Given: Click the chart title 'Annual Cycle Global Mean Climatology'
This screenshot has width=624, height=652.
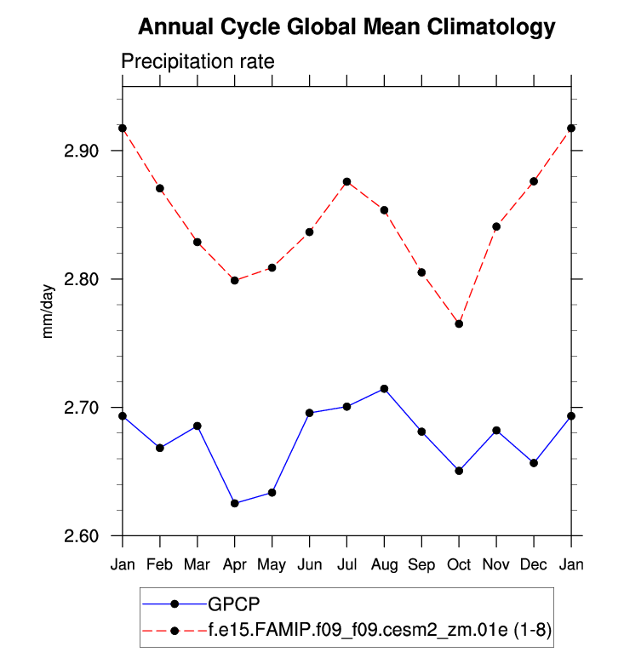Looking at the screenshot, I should click(346, 27).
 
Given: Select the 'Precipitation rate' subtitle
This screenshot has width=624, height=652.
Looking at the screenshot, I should click(197, 62).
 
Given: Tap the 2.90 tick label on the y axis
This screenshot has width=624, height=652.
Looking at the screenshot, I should click(81, 151).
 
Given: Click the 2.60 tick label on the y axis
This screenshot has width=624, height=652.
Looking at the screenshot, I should click(81, 536).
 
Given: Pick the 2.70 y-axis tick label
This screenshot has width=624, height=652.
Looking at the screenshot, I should click(81, 408).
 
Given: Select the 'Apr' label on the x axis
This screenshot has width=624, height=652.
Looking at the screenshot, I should click(234, 564).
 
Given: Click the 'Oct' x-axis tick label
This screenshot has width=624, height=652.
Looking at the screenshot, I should click(459, 564).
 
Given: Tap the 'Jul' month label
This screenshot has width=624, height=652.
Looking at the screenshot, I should click(346, 564).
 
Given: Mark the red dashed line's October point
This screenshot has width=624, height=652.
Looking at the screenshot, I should click(459, 323).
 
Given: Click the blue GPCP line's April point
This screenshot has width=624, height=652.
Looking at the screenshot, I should click(234, 503).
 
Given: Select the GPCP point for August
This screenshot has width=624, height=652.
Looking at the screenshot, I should click(384, 388).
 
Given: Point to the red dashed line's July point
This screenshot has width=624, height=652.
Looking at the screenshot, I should click(346, 181).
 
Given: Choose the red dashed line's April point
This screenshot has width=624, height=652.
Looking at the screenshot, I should click(234, 280).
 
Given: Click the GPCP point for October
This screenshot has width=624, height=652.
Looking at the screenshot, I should click(459, 470).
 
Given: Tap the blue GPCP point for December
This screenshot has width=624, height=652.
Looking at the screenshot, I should click(534, 462).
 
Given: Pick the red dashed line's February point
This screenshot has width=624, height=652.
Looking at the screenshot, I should click(160, 188).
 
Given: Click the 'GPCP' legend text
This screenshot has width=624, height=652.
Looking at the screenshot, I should click(231, 603).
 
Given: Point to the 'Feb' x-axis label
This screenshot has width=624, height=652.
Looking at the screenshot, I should click(160, 564).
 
